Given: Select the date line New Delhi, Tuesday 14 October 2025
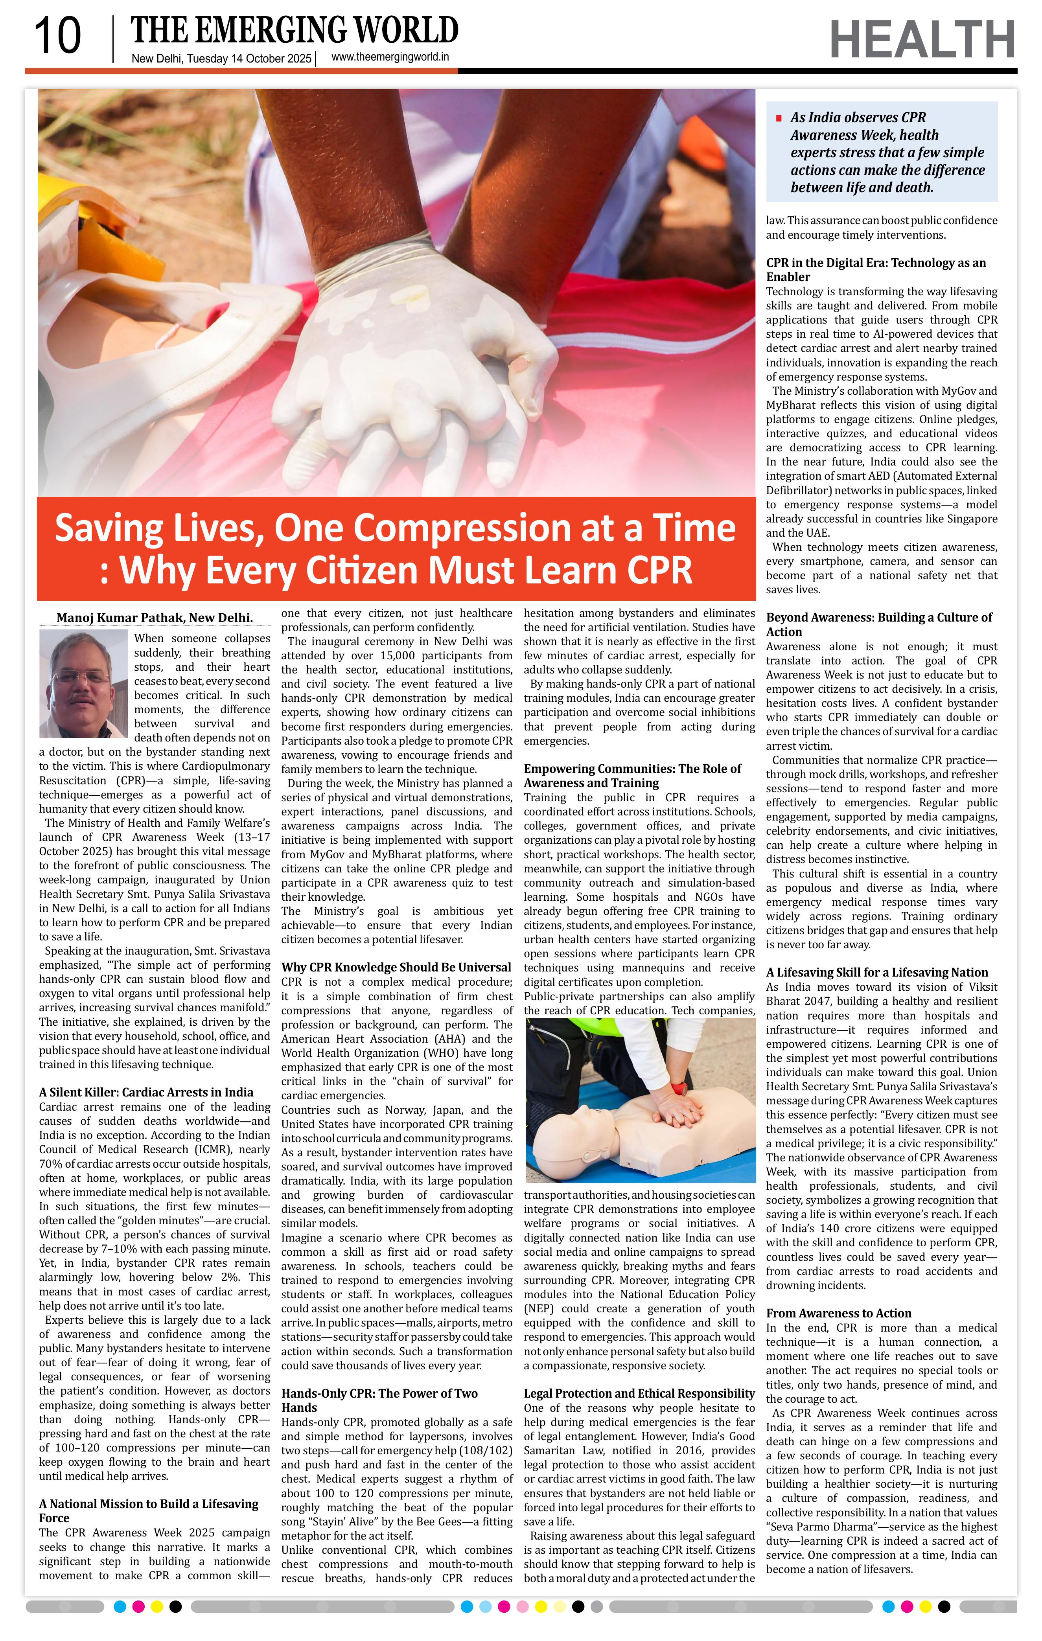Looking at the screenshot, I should click(x=221, y=59).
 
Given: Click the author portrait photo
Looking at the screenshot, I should click(x=83, y=684).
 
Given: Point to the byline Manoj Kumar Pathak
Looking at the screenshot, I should click(x=154, y=617).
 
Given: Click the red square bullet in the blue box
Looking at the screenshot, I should click(x=778, y=119).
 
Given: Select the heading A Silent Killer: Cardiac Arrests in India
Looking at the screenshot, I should click(x=146, y=1093).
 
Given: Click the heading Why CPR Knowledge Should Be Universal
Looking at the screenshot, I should click(x=396, y=967).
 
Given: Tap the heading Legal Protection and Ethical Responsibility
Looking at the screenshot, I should click(x=639, y=1394).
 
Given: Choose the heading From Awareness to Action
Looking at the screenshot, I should click(x=838, y=1313).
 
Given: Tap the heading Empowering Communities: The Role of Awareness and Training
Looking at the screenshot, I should click(x=632, y=776).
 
